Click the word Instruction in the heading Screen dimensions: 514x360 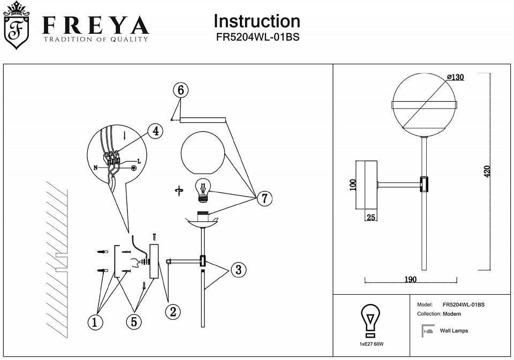tap(256, 21)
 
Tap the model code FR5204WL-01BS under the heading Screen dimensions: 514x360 tap(258, 37)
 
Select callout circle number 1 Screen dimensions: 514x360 tap(95, 323)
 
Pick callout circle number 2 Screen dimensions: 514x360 tap(173, 311)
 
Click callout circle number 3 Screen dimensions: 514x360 tap(239, 270)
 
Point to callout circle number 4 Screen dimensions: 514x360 tap(156, 132)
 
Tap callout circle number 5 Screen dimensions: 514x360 tap(134, 321)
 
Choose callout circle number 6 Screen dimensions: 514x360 tap(181, 90)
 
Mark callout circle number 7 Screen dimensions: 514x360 tap(264, 198)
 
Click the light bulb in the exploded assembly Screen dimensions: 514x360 tap(203, 190)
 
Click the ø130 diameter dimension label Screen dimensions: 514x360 tap(455, 78)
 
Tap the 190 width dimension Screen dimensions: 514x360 tap(411, 279)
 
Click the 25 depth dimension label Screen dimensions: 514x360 tap(371, 218)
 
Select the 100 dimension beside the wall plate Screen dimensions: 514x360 tap(352, 185)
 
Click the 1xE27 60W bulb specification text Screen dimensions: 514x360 tap(372, 344)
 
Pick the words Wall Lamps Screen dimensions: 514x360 tap(453, 331)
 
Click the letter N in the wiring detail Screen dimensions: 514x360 tap(96, 168)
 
